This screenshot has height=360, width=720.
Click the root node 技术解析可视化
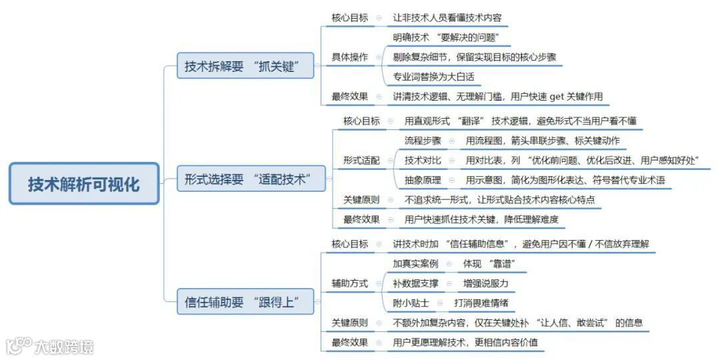point(84,184)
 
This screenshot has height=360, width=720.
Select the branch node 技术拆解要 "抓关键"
point(245,66)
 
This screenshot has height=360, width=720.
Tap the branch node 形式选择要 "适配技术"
point(245,179)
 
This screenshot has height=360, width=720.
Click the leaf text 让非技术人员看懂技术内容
point(447,18)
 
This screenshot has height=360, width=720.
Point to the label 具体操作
point(349,57)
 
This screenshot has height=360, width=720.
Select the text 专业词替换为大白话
point(433,77)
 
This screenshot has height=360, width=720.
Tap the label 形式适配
point(361,161)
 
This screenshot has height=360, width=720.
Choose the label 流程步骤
point(423,141)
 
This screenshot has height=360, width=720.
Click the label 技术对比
point(423,161)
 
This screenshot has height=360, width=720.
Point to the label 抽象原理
point(423,180)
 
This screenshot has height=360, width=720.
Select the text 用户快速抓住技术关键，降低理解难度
point(481,219)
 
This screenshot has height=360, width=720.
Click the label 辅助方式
point(349,283)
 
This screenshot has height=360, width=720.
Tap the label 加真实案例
point(416,263)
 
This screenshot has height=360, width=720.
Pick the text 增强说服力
point(486,283)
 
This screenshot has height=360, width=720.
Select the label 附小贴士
point(411,303)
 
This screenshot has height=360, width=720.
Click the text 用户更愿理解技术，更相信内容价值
point(465,343)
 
